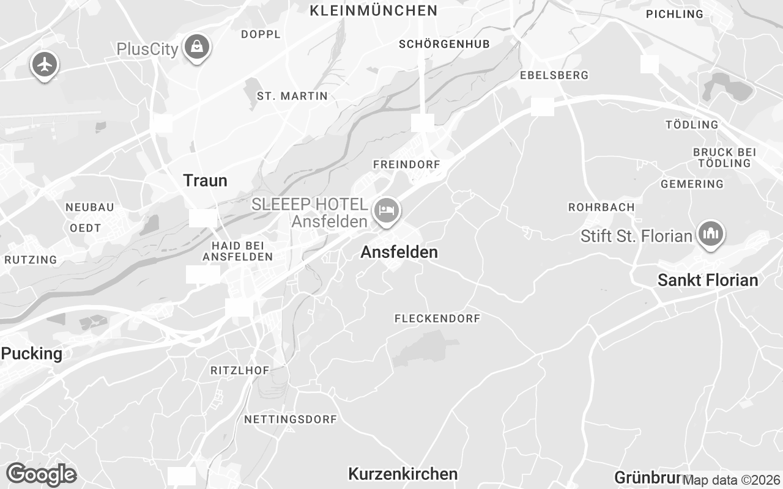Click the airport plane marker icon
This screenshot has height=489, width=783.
coord(44,64)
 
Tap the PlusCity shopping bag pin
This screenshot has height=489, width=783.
coord(197,46)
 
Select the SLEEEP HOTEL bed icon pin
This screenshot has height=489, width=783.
coord(386,211)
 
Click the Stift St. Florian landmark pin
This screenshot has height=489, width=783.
coord(710,233)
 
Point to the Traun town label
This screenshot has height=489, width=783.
coord(205,180)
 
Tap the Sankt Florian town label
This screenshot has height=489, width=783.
coord(708,280)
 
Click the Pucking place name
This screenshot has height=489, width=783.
coord(32,353)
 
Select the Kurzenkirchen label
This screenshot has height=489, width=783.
coord(403,474)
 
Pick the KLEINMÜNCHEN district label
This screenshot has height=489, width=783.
coord(374,10)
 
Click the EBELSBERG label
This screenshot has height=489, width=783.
coord(554,75)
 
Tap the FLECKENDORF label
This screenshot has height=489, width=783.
coord(437,318)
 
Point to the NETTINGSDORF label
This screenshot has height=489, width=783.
coord(291,419)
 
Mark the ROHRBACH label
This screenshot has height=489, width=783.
coord(601,207)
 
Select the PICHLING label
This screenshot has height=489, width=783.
coord(675,14)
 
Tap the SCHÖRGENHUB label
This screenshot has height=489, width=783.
coord(444,44)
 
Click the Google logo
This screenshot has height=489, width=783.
coord(41,474)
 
